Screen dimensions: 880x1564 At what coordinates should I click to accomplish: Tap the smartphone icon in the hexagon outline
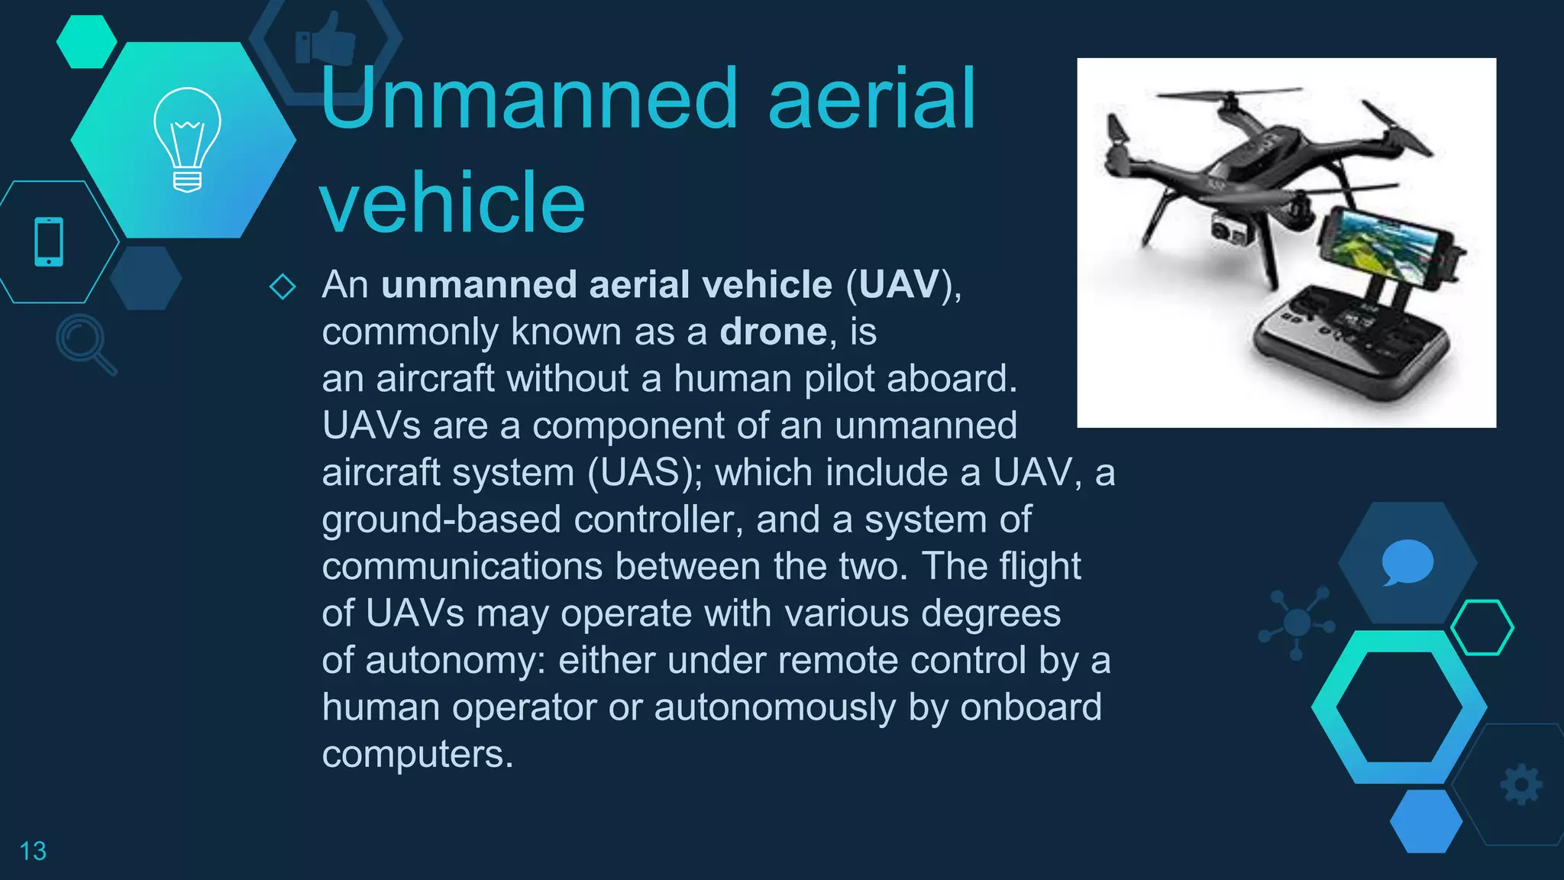pos(50,242)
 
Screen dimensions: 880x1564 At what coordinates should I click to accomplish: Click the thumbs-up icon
pos(327,40)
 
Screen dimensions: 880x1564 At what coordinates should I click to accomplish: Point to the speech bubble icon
pos(1407,562)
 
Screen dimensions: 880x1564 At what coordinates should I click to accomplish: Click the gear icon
pos(1521,785)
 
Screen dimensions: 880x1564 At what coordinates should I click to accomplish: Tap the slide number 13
pos(33,851)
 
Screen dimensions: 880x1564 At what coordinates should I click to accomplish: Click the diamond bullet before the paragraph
pos(283,286)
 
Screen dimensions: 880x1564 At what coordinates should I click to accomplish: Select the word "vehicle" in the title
pos(453,203)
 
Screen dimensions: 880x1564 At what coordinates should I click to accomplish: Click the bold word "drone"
pos(773,332)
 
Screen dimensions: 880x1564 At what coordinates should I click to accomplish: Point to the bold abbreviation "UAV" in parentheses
pos(899,285)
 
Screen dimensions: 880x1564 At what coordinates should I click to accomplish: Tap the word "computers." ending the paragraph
pos(418,755)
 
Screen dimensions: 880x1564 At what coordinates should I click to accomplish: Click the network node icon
pos(1297,623)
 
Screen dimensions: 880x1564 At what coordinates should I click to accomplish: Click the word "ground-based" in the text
pos(441,520)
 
